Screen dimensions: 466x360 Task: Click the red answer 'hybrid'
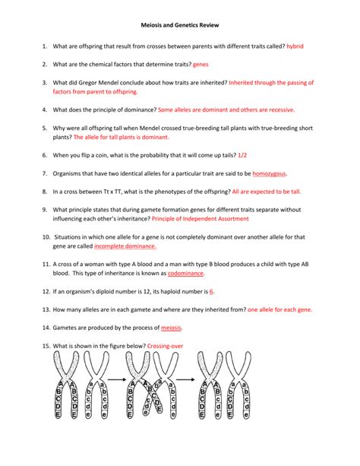pyautogui.click(x=295, y=46)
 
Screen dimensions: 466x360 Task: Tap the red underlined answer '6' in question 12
pyautogui.click(x=212, y=291)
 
